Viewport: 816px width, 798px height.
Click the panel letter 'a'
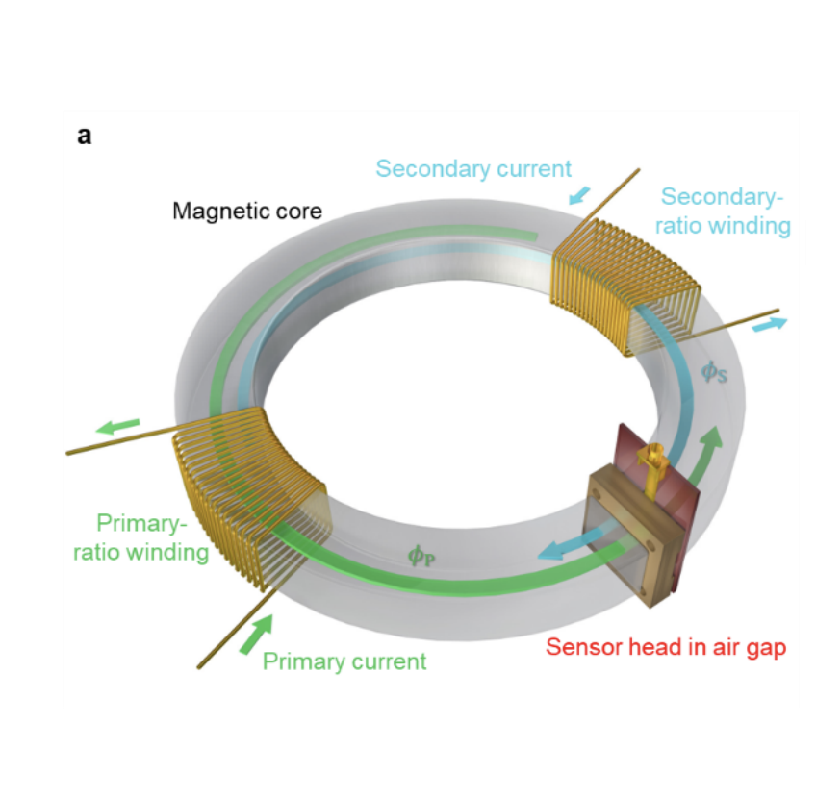[85, 136]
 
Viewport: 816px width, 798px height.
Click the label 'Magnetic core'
[247, 211]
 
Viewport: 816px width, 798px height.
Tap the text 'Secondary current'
[473, 169]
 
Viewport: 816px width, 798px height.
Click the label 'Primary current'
[344, 661]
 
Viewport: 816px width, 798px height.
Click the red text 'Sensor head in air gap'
[665, 647]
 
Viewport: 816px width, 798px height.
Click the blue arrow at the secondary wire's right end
[770, 324]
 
